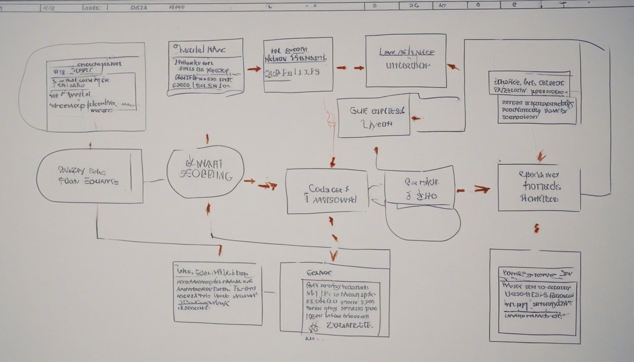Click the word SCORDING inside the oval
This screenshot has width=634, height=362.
206,176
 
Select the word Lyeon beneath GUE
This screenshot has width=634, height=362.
376,125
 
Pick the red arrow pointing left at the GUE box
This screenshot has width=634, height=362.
416,117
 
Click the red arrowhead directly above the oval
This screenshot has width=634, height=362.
207,139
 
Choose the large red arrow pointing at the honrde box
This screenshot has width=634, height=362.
480,188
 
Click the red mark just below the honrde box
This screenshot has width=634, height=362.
537,228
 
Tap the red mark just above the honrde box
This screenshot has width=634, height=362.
540,156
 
